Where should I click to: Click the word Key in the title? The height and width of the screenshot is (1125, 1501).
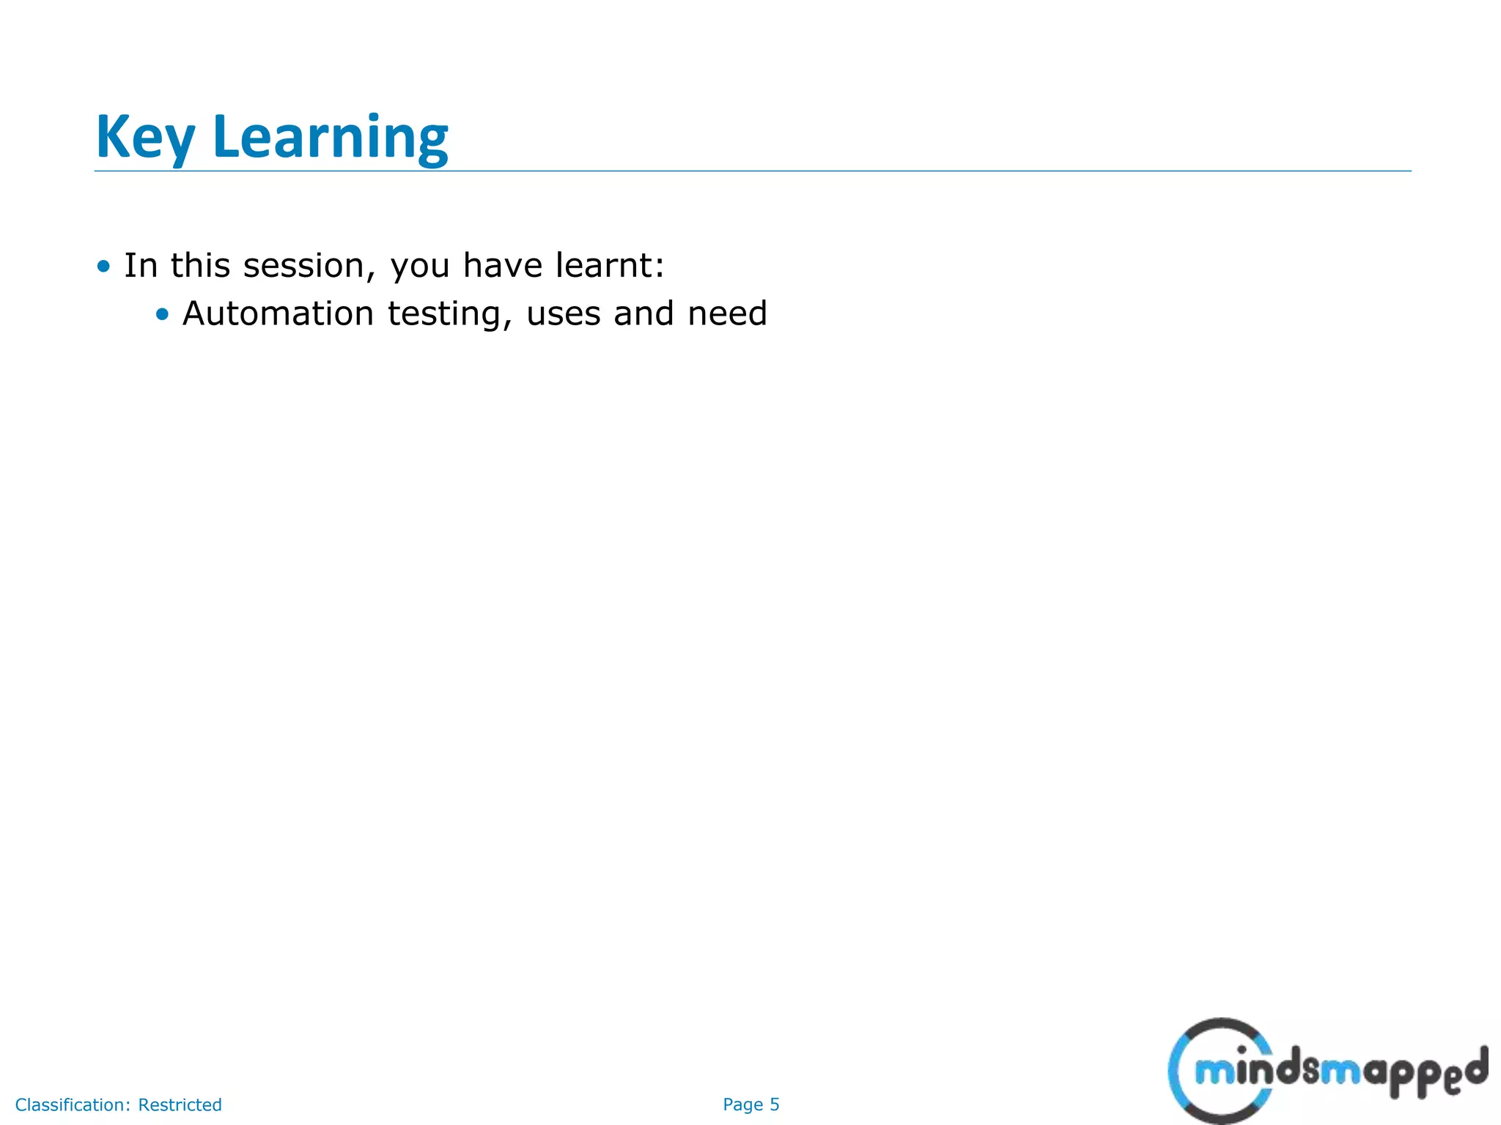point(145,138)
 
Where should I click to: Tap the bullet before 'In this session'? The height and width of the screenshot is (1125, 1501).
point(103,266)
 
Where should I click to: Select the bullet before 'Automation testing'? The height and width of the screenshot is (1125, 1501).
point(162,314)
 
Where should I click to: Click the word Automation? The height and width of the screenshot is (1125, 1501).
point(278,313)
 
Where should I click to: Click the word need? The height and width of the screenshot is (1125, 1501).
point(727,313)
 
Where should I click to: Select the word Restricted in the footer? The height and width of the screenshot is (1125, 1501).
point(180,1104)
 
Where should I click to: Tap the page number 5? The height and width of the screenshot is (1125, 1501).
point(774,1104)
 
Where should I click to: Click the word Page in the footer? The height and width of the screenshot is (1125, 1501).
point(742,1104)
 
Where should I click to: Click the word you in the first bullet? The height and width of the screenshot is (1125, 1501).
point(420,267)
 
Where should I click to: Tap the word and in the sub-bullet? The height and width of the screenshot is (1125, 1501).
point(643,313)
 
